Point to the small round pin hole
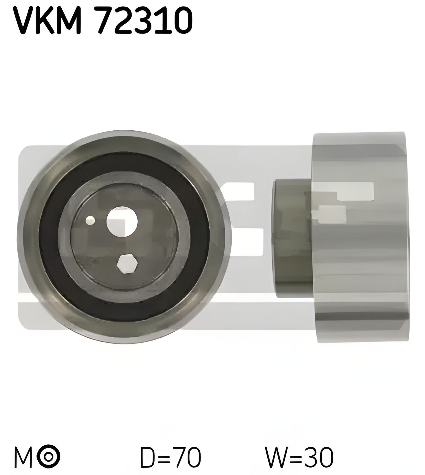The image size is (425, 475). click(x=90, y=220)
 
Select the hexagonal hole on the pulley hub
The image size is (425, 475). click(x=127, y=263)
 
